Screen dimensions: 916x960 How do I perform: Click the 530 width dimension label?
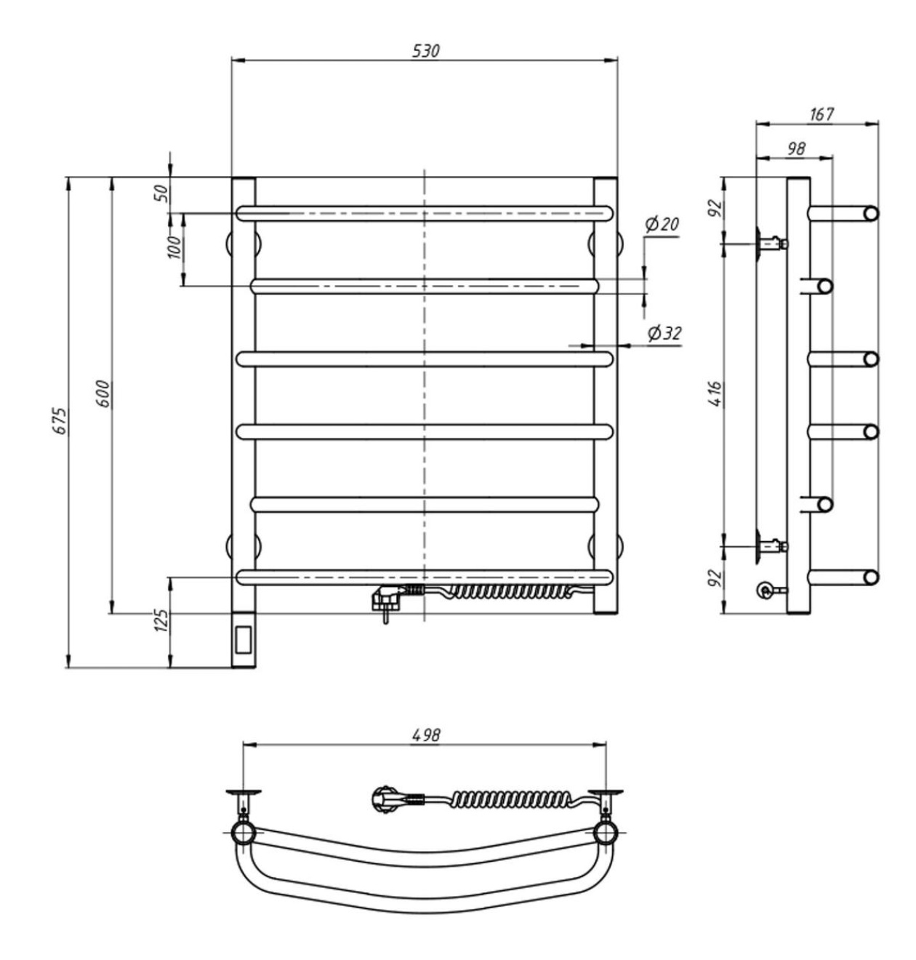coord(426,51)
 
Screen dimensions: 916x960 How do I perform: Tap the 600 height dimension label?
coord(105,393)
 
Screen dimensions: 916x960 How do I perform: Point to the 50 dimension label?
coord(163,194)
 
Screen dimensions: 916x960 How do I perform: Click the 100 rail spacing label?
coord(174,247)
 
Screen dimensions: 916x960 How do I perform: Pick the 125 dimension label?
coord(163,620)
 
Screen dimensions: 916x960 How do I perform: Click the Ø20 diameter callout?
coord(662,224)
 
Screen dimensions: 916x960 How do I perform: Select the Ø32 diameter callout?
coord(664,333)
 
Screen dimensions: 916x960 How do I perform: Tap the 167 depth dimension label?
coord(821,113)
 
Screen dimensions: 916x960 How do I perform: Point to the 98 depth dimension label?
coord(796,148)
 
